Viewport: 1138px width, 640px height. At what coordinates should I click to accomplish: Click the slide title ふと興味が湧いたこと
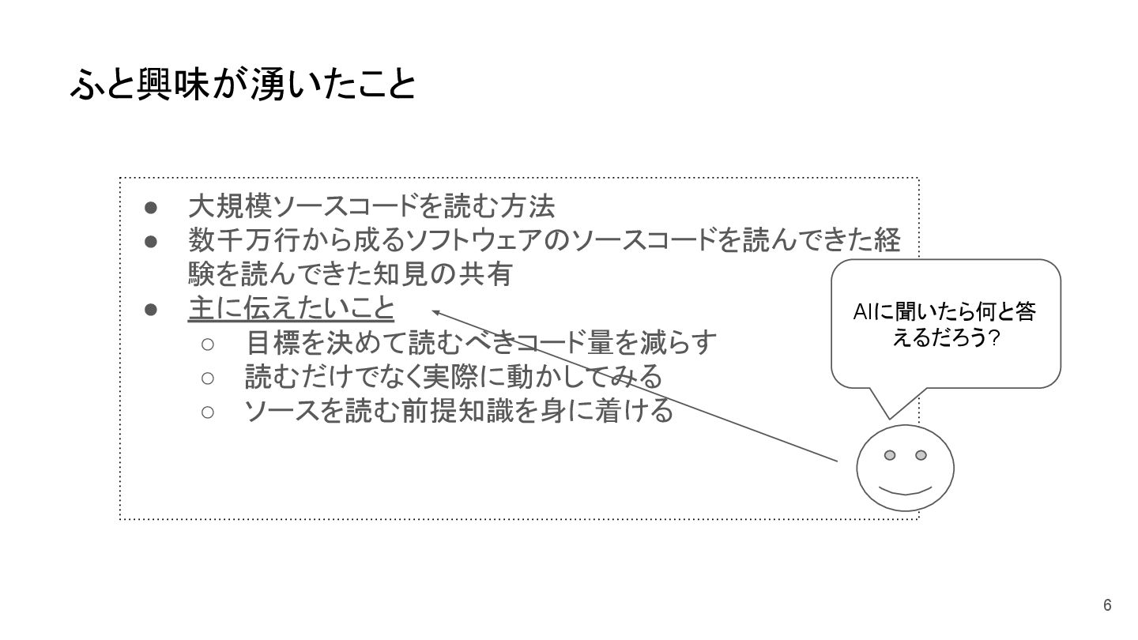(x=243, y=85)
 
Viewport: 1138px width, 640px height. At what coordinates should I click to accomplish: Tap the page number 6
(x=1107, y=605)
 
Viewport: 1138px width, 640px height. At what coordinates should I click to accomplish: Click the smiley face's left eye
(x=890, y=455)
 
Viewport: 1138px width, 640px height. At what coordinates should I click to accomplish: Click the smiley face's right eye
(x=921, y=455)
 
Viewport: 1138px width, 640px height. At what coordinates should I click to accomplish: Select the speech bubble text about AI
(x=945, y=325)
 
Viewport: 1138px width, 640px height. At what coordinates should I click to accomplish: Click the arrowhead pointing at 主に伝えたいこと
(x=435, y=312)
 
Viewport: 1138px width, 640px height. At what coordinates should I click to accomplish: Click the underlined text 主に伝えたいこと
(x=291, y=308)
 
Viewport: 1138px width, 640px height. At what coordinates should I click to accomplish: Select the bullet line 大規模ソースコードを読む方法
(x=371, y=206)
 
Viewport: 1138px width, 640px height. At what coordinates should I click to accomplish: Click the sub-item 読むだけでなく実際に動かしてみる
(x=453, y=377)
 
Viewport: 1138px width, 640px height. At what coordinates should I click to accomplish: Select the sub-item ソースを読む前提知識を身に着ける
(x=458, y=411)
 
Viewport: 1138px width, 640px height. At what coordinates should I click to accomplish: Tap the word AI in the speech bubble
(x=863, y=314)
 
